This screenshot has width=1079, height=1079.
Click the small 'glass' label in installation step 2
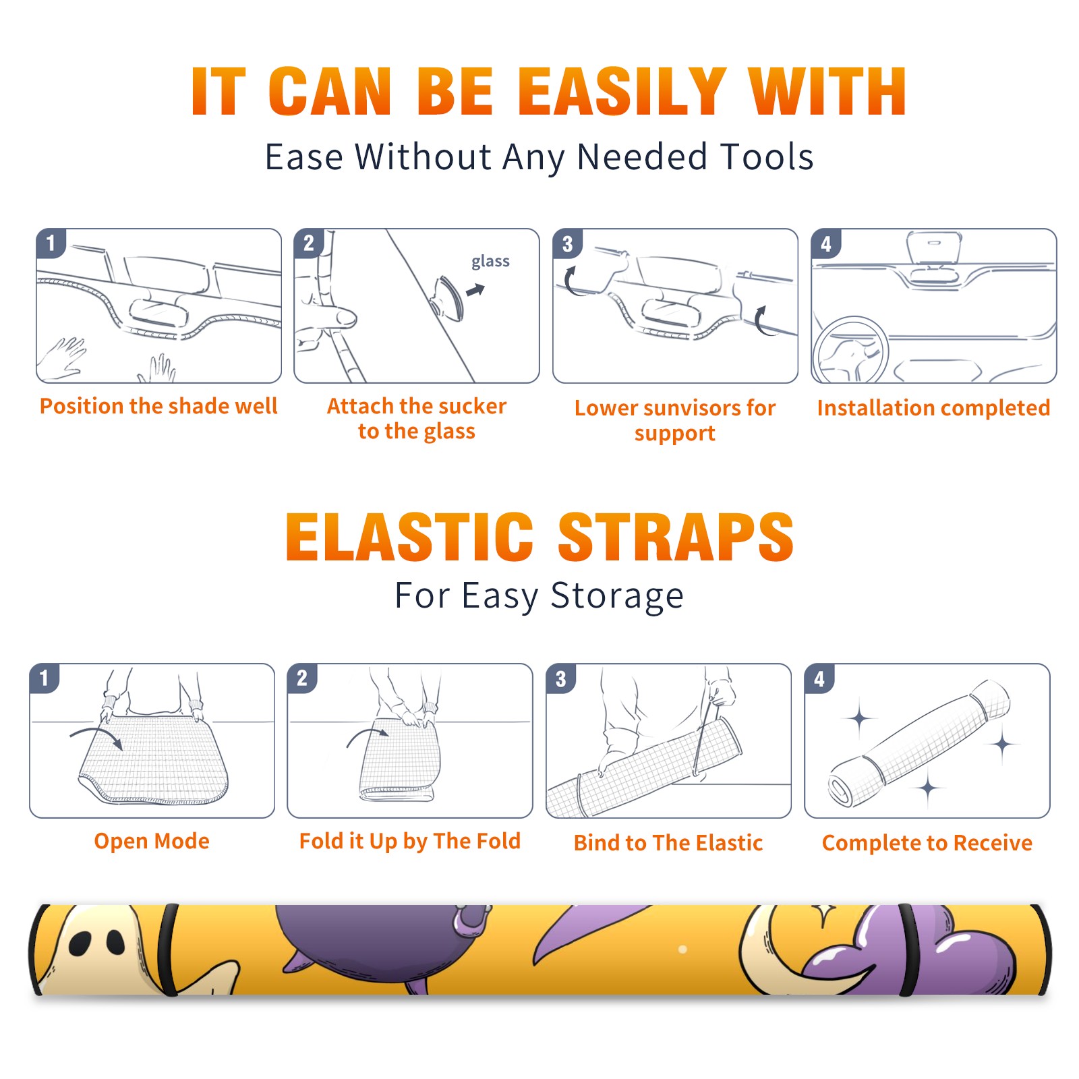pyautogui.click(x=490, y=262)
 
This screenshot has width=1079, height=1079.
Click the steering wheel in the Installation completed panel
pyautogui.click(x=851, y=349)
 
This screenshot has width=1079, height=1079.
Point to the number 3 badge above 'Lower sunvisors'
pyautogui.click(x=567, y=243)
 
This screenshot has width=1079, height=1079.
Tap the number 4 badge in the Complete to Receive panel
pyautogui.click(x=819, y=678)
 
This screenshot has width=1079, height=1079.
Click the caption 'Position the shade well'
pyautogui.click(x=158, y=406)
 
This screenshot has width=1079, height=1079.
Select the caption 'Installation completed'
pyautogui.click(x=933, y=408)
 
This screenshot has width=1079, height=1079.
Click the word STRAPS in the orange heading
pyautogui.click(x=676, y=537)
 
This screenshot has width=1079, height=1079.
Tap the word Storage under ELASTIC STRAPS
pyautogui.click(x=617, y=596)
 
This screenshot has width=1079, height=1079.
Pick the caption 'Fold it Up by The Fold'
pyautogui.click(x=410, y=841)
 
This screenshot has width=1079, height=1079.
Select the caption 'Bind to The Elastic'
pyautogui.click(x=668, y=843)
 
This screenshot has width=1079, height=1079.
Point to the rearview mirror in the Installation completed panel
pyautogui.click(x=934, y=248)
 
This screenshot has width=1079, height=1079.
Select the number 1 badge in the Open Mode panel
pyautogui.click(x=45, y=678)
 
